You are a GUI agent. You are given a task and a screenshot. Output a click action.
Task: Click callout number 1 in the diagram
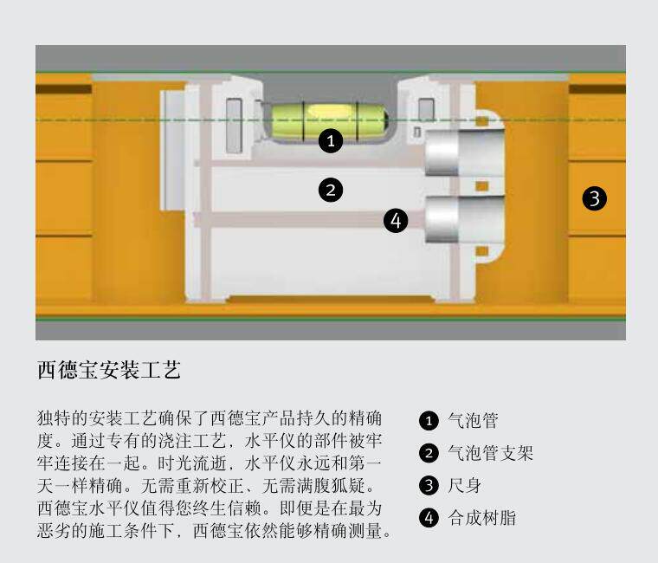coord(331,141)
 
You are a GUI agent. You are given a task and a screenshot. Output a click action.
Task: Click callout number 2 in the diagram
coord(331,190)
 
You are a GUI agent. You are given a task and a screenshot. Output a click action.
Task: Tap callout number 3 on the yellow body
coord(594,198)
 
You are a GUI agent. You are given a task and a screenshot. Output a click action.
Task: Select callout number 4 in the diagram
coord(396,221)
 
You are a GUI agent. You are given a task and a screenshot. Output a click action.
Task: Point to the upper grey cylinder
coord(464,153)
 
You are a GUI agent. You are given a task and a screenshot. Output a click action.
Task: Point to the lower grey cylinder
coord(464,218)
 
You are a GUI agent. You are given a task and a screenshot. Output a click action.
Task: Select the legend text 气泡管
coord(473,422)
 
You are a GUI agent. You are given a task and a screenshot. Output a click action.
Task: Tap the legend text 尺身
coord(464,485)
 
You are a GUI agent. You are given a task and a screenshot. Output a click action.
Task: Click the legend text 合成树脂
coord(481,518)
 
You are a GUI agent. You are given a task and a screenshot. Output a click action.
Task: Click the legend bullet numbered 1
coord(429,422)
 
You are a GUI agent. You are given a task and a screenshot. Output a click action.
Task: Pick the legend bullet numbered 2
coord(429,453)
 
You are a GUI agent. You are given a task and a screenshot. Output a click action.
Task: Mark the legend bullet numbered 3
coord(429,485)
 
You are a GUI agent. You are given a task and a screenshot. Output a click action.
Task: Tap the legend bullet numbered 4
coord(429,518)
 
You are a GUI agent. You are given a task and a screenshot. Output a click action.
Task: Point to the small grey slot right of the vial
coord(425,110)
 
